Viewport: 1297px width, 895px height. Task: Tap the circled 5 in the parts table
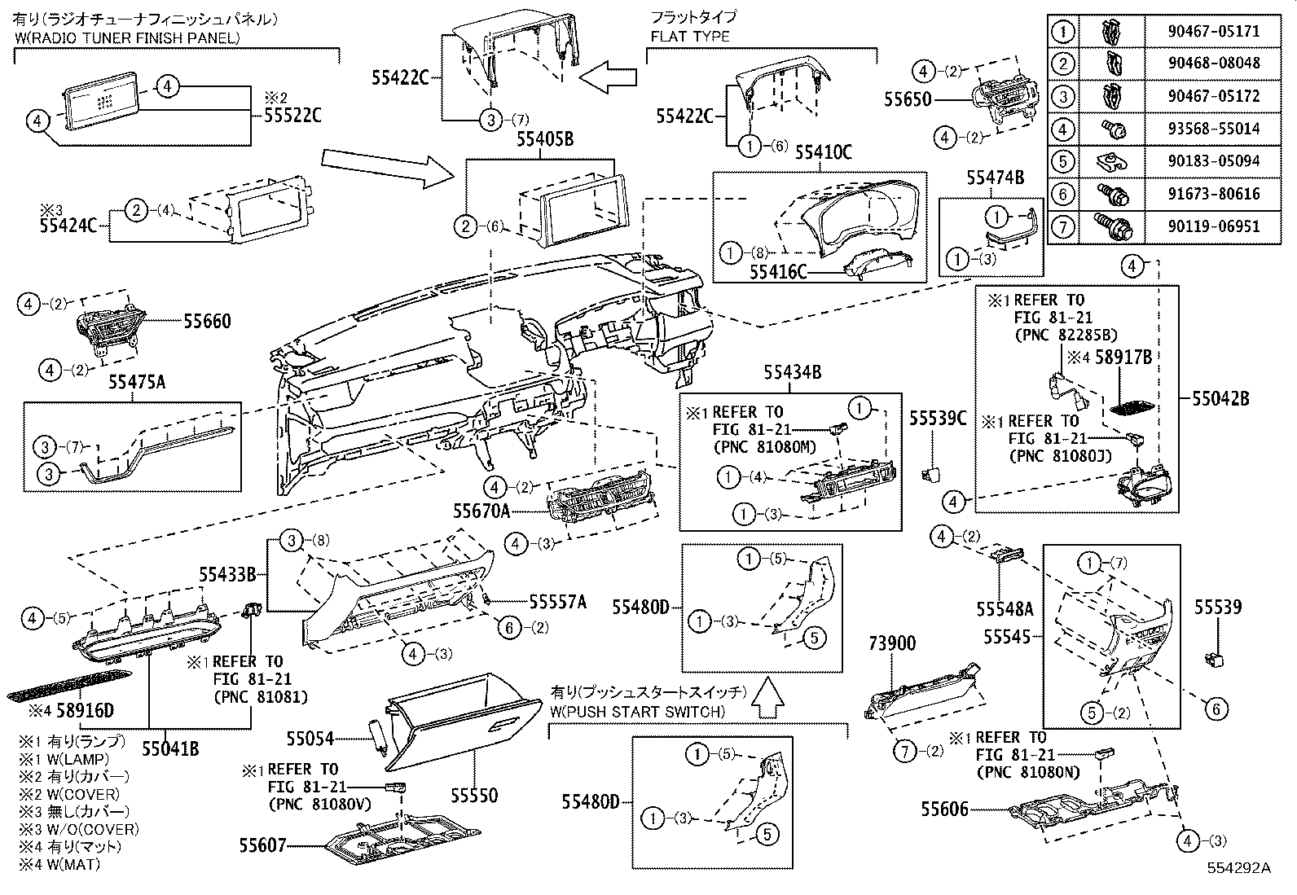click(x=1063, y=161)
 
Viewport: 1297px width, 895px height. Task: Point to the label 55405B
click(x=544, y=140)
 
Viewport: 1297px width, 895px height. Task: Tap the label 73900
click(x=891, y=644)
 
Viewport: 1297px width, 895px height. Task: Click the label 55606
click(x=945, y=809)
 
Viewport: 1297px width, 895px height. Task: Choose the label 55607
click(x=263, y=845)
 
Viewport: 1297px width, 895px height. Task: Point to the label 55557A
click(x=557, y=602)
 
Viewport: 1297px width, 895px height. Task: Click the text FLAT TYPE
click(x=689, y=37)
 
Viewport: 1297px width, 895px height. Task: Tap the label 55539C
click(x=938, y=419)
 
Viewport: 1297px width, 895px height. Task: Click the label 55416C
click(x=779, y=271)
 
